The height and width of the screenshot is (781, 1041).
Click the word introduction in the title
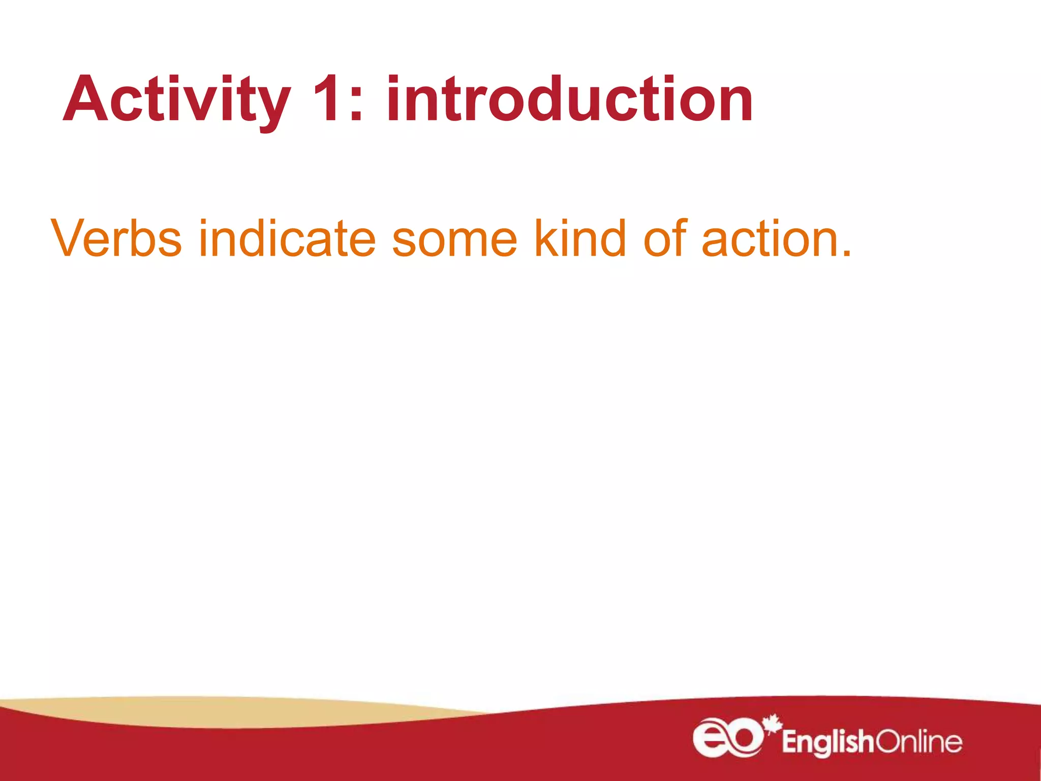point(569,99)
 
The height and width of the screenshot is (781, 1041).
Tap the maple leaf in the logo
point(773,725)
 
